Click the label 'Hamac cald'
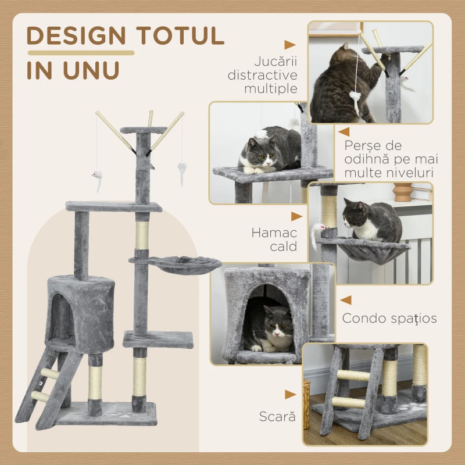click(274, 239)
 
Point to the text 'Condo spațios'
click(389, 318)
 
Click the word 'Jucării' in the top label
click(275, 61)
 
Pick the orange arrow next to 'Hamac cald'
click(296, 216)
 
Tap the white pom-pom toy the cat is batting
click(355, 97)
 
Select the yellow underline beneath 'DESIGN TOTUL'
click(80, 53)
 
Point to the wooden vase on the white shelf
click(402, 192)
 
